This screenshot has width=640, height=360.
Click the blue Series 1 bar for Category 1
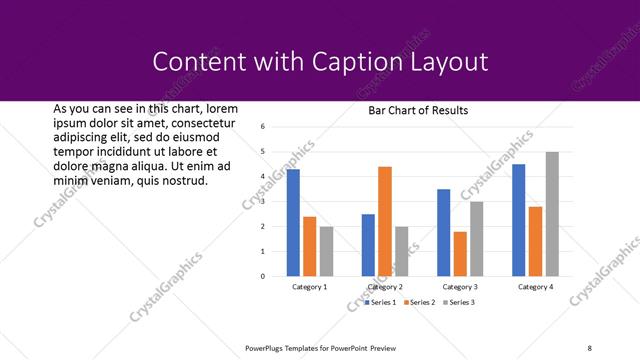point(293,223)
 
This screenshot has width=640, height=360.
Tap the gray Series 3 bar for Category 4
point(552,214)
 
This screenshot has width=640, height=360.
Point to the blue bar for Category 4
point(518,220)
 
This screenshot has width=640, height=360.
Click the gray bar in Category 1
point(326,251)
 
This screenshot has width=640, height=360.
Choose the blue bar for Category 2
point(368,245)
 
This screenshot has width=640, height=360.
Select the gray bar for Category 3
point(477,239)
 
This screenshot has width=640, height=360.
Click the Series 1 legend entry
point(381,302)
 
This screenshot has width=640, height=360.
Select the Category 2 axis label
point(385,287)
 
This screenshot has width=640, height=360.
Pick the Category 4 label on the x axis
point(535,287)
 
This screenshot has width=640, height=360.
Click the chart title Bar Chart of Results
point(418,110)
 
